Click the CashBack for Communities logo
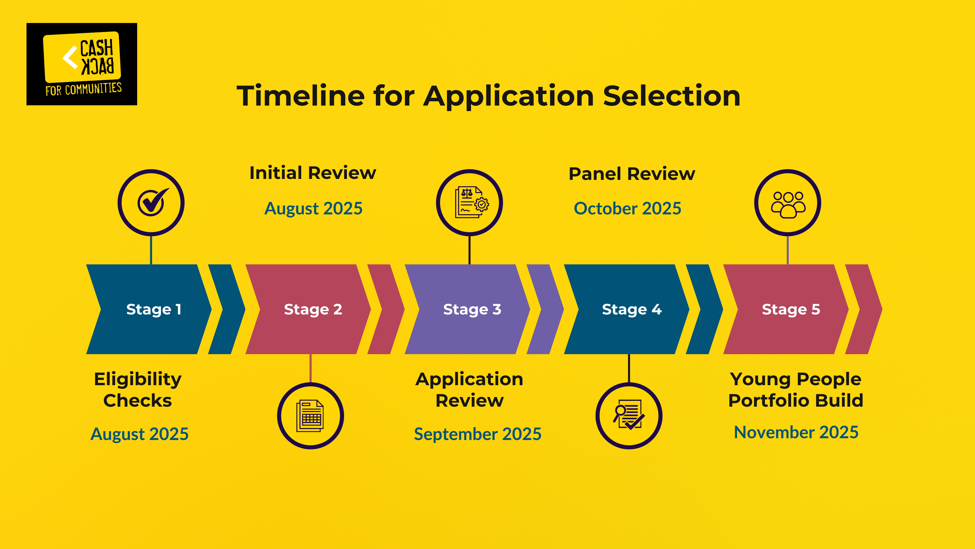(82, 64)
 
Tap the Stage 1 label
(154, 310)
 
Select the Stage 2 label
(313, 310)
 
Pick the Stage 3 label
(472, 310)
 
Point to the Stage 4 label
(632, 310)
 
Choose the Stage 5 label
(791, 310)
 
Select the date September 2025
(478, 434)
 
